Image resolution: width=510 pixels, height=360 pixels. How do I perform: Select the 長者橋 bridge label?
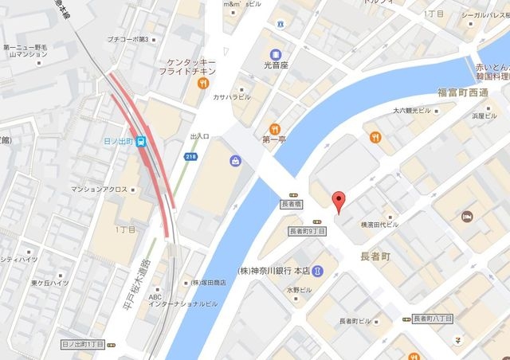[x=292, y=204]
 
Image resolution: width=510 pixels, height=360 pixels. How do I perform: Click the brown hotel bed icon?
[x=468, y=216]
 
